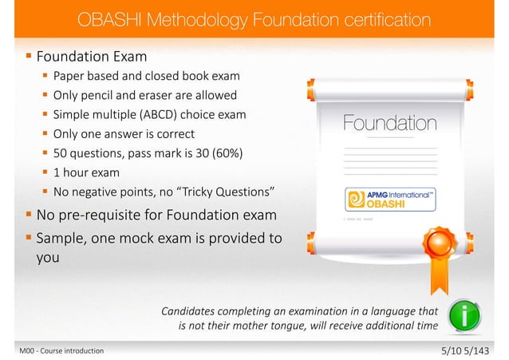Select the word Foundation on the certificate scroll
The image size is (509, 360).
[x=390, y=124]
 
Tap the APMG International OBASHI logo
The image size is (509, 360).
[x=390, y=199]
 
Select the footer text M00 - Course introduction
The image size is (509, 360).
[x=51, y=350]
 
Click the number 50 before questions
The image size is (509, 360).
[x=61, y=152]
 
